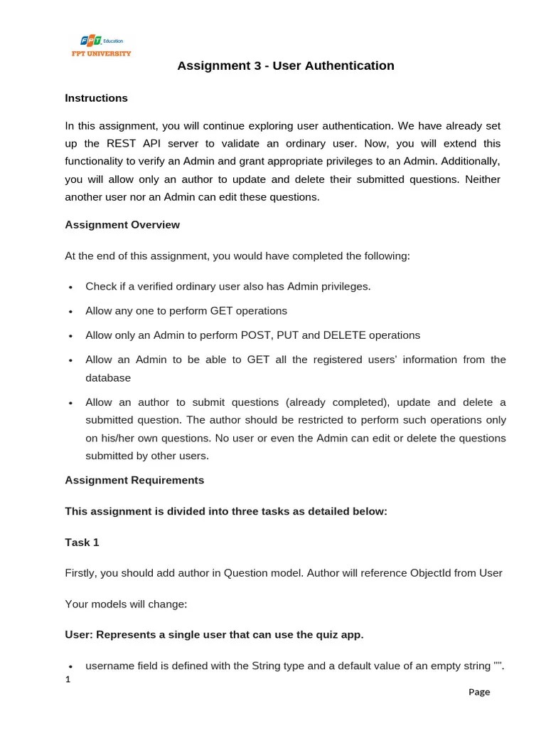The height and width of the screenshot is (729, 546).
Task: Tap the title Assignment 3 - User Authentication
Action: pyautogui.click(x=285, y=66)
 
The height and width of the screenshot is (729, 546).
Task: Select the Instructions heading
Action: pyautogui.click(x=96, y=98)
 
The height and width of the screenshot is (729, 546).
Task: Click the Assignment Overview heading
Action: pyautogui.click(x=122, y=225)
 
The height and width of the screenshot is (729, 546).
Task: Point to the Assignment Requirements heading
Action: pyautogui.click(x=134, y=481)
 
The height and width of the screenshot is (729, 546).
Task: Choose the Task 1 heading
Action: pyautogui.click(x=82, y=542)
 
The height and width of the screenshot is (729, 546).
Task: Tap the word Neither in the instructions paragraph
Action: pyautogui.click(x=483, y=179)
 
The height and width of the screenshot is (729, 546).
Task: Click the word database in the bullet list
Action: pyautogui.click(x=108, y=378)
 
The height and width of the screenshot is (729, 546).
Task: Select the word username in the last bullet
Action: pyautogui.click(x=110, y=666)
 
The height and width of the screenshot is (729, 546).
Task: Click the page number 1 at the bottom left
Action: pyautogui.click(x=68, y=679)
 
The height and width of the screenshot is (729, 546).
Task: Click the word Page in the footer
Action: pyautogui.click(x=479, y=692)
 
